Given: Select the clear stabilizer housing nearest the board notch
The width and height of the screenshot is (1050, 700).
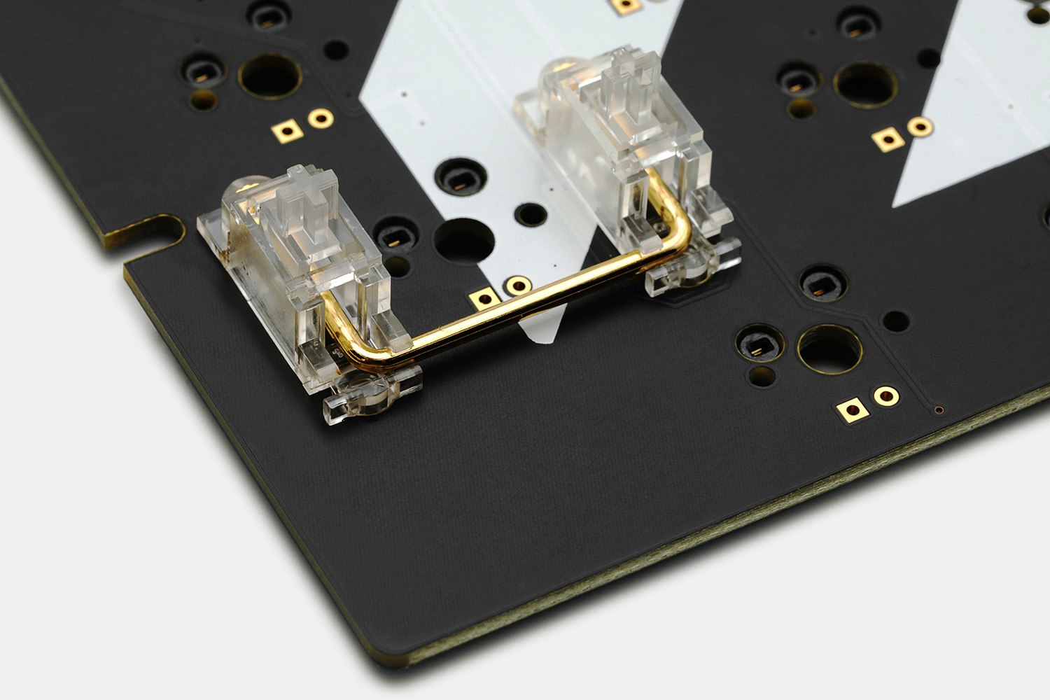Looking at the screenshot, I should pos(308,280).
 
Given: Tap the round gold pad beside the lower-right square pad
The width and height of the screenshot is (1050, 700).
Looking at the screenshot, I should pos(885,395).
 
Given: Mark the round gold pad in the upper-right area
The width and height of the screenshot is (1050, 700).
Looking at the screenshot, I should pos(920,127).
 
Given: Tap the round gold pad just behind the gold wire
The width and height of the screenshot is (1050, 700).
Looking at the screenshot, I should pos(518,285).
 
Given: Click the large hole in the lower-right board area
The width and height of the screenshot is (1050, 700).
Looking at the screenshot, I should pos(830,349).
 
